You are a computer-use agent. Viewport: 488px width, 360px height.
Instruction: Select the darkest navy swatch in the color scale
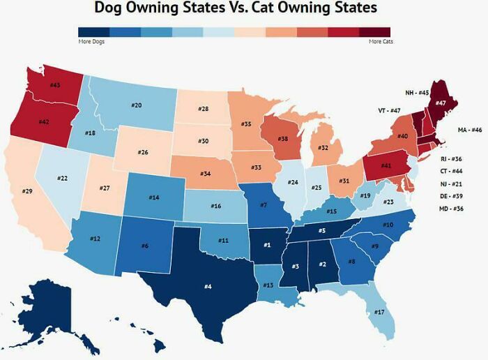click(93, 32)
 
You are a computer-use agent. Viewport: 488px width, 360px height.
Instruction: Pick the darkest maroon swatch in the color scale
click(375, 32)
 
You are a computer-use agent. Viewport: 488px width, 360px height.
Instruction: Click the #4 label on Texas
click(208, 285)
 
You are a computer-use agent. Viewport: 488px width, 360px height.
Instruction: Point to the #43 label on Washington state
click(55, 84)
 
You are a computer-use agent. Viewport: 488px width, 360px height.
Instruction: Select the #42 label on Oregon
click(43, 122)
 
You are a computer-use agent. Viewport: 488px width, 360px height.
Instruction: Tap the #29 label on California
click(27, 190)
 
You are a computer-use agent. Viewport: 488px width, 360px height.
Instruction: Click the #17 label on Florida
click(379, 312)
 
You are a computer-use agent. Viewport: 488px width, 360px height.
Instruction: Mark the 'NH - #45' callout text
click(417, 92)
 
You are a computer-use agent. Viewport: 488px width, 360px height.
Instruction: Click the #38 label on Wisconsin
click(282, 139)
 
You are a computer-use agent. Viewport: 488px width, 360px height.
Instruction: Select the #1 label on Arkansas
click(266, 244)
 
